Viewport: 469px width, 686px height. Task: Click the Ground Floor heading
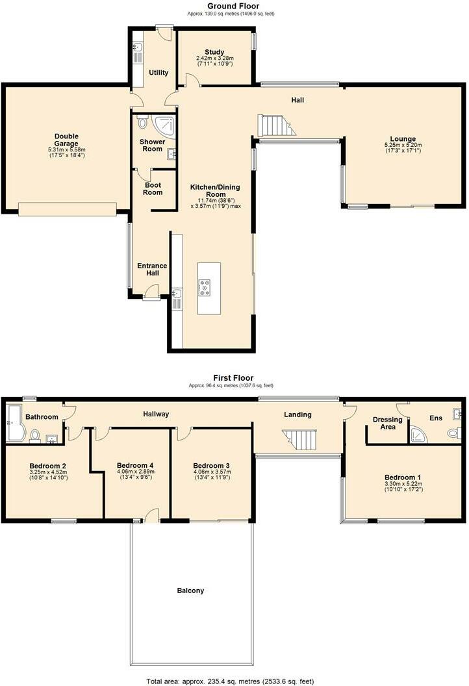[x=234, y=6]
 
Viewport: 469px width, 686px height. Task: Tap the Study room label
[x=214, y=52]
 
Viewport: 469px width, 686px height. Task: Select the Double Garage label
[x=66, y=140]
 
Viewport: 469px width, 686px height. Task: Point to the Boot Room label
[x=153, y=188]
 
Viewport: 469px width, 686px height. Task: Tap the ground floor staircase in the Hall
[x=276, y=125]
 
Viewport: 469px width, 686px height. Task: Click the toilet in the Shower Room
[x=143, y=121]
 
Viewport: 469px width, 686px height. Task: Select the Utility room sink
[x=136, y=48]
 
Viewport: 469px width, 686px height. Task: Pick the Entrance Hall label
[x=152, y=269]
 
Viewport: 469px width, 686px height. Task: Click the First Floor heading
[x=233, y=377]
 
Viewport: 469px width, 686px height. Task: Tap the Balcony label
[x=190, y=591]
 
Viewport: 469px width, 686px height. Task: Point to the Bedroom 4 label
[x=135, y=465]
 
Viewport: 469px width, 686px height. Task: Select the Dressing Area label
[x=388, y=423]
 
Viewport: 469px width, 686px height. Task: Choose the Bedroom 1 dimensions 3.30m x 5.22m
[x=403, y=483]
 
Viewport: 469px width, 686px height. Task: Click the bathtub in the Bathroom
[x=14, y=422]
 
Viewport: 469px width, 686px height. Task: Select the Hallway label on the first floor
[x=157, y=414]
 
